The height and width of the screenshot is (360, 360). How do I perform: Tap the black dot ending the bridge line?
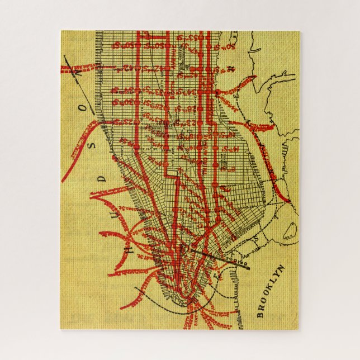click(x=247, y=267)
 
